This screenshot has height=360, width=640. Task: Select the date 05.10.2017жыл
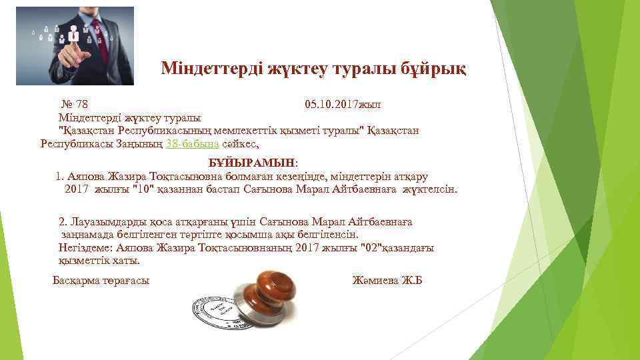pyautogui.click(x=343, y=105)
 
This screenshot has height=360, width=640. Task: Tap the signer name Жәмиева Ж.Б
pyautogui.click(x=387, y=280)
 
